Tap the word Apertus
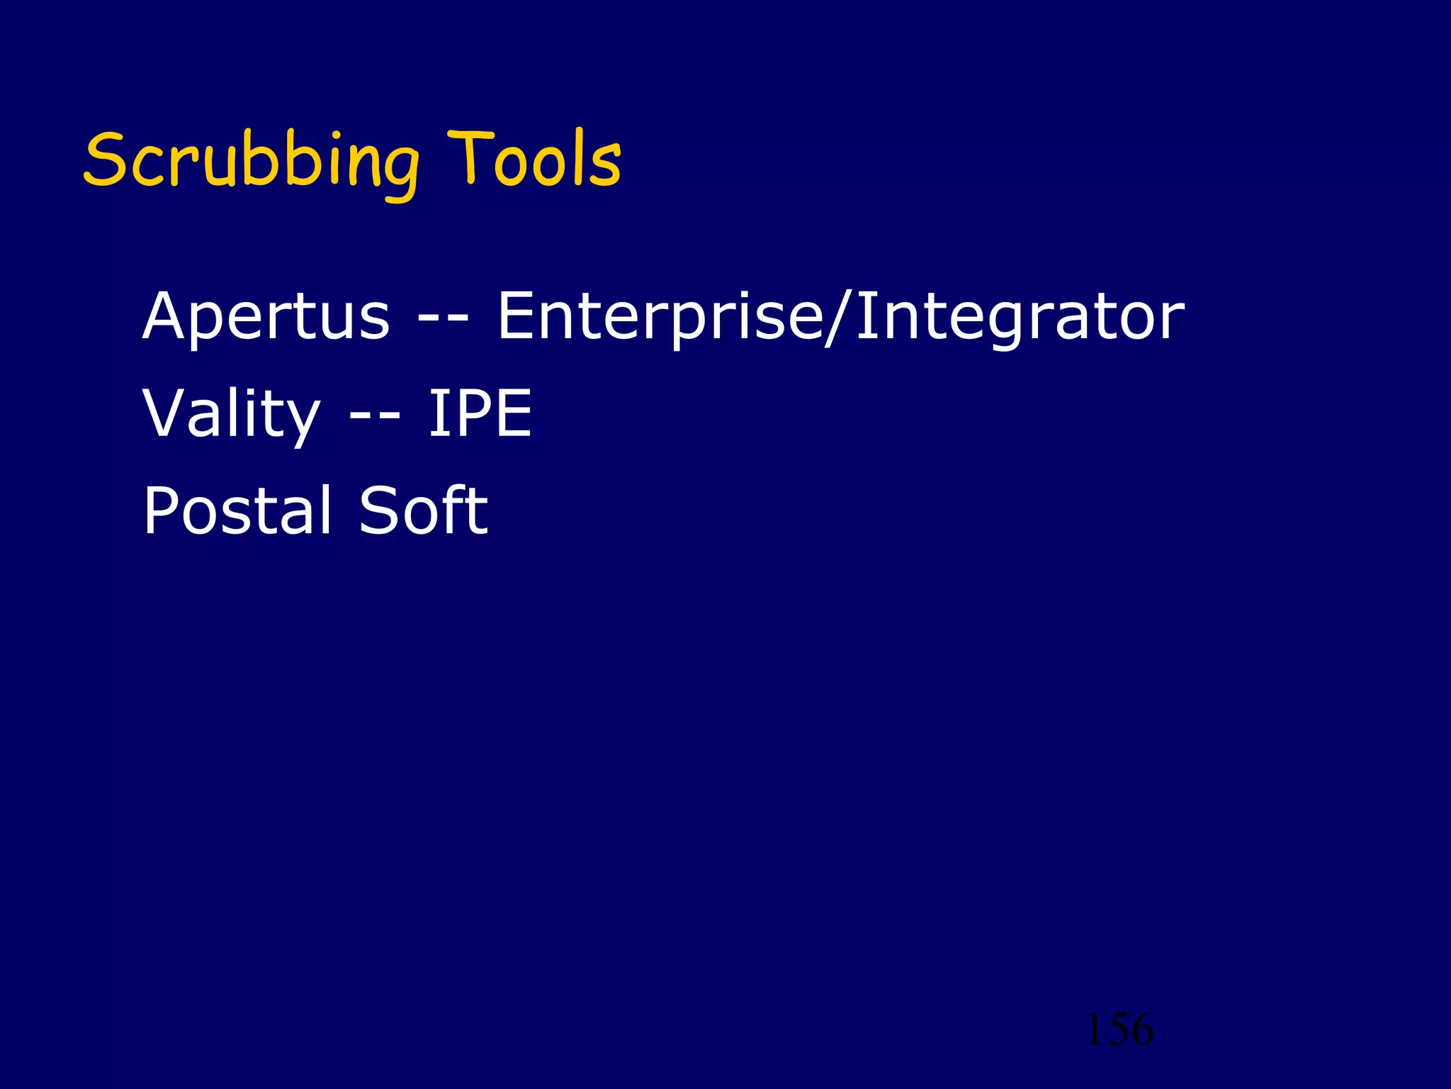tap(266, 316)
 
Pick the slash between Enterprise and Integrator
tap(839, 316)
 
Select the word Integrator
tap(1020, 316)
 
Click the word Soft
tap(423, 510)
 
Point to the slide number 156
tap(1119, 1029)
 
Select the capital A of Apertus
tap(169, 316)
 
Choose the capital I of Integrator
tap(864, 316)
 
